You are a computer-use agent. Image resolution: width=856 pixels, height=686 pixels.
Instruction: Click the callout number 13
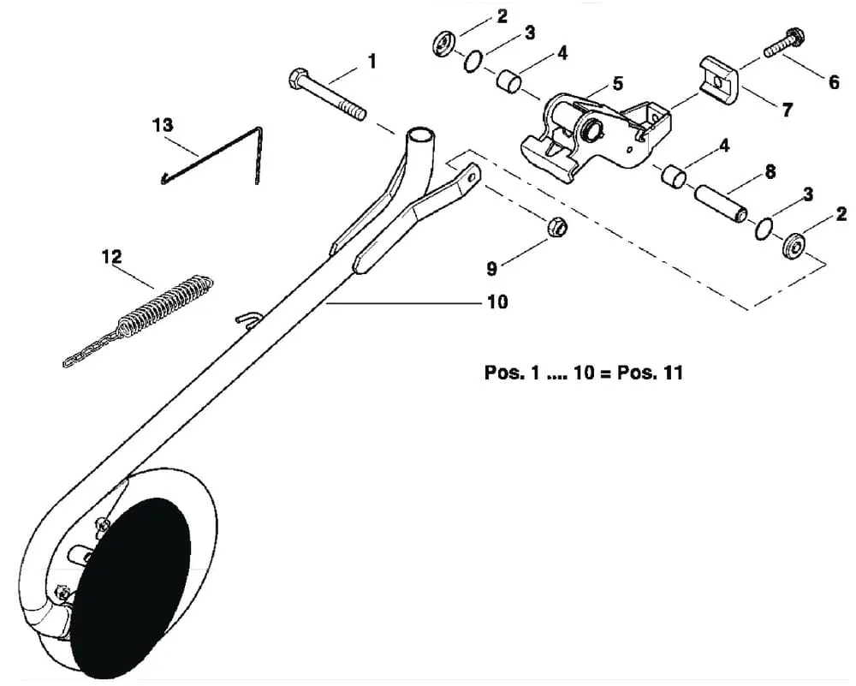[x=163, y=125]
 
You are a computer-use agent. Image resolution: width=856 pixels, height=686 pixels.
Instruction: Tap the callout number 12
[x=112, y=256]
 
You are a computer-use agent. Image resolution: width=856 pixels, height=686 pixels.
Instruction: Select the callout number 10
[x=497, y=301]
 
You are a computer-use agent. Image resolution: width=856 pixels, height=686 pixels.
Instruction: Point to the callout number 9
[x=492, y=268]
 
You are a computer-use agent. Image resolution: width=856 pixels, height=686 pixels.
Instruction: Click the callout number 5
[x=617, y=84]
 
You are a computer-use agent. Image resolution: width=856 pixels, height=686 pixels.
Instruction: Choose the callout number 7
[x=787, y=110]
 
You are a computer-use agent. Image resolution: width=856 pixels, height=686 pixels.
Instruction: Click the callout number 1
[x=372, y=61]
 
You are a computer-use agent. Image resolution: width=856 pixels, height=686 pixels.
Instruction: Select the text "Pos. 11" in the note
[x=650, y=373]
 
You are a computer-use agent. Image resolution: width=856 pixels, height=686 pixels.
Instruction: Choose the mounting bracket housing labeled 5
[x=595, y=136]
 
